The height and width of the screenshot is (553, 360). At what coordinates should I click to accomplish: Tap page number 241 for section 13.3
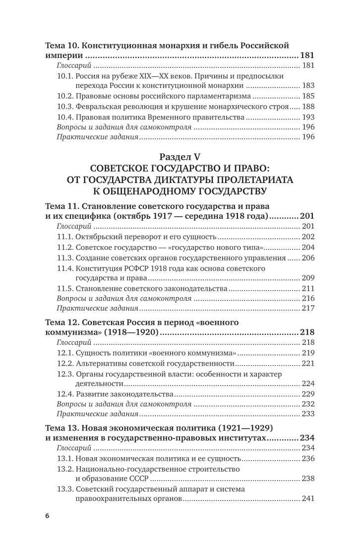307,499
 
